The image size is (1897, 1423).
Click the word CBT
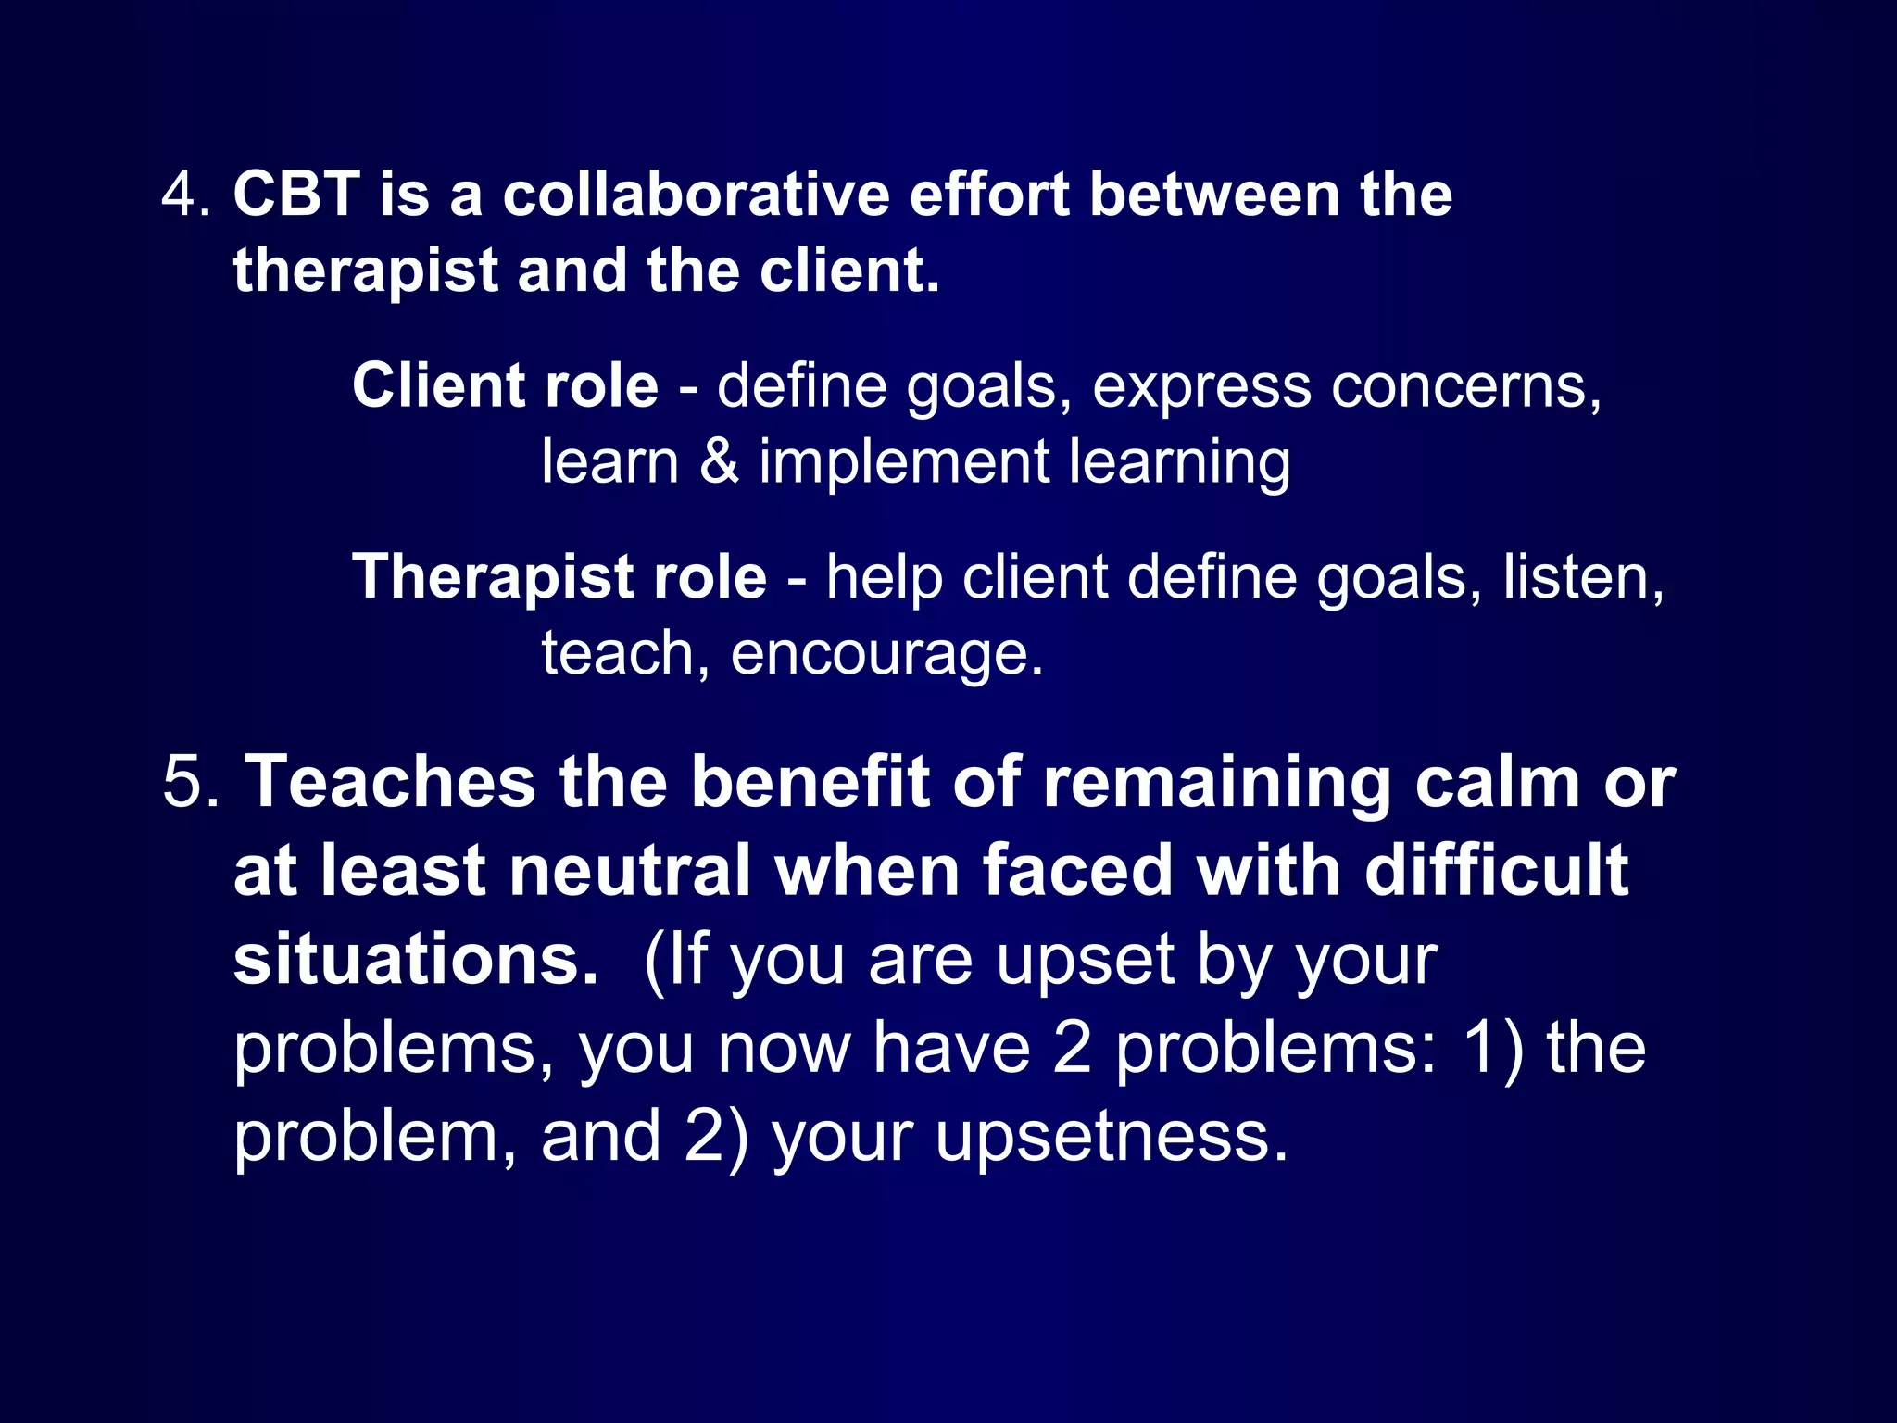coord(296,195)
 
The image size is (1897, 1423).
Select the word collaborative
coord(696,195)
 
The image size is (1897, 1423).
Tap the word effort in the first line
coord(989,195)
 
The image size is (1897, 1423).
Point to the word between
coord(1214,195)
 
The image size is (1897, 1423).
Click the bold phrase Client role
coord(505,385)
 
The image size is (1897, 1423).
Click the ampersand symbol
coord(720,461)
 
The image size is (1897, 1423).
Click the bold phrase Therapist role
coord(559,577)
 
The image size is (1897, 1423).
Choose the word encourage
coord(886,655)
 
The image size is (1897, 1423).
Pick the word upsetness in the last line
coord(1112,1137)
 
